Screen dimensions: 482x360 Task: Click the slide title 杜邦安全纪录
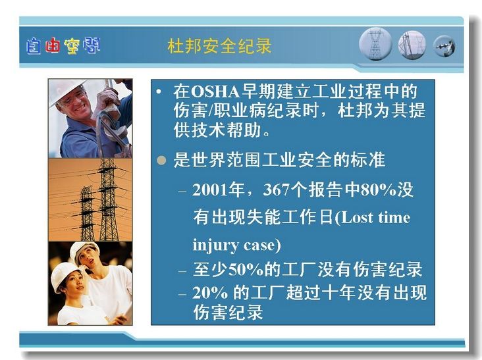[219, 46]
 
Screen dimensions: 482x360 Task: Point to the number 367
[277, 190]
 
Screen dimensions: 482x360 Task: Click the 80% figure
[378, 190]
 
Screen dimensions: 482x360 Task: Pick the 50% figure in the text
[246, 269]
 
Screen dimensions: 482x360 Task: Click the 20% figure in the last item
[210, 293]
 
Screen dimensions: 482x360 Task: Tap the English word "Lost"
[356, 217]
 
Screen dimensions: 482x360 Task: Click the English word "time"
[394, 217]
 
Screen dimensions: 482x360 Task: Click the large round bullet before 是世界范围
[161, 160]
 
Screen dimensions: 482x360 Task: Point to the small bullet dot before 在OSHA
[159, 91]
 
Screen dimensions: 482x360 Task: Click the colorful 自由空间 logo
[63, 46]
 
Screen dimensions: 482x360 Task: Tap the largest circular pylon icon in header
[375, 44]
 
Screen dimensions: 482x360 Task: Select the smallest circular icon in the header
[444, 47]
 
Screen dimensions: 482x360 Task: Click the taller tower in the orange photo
[108, 199]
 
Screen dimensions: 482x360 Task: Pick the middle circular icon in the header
[412, 45]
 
